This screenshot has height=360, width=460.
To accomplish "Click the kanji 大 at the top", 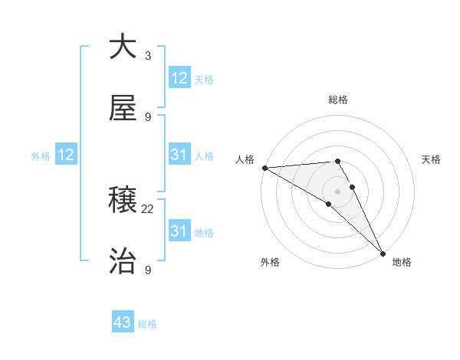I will point(123,47).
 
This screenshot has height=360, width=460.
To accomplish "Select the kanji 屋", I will point(123,109).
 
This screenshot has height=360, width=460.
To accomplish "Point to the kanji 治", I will point(123,262).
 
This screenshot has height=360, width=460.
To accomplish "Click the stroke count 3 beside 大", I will point(148,56).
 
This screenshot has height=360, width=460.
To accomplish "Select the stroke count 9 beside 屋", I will point(148,117).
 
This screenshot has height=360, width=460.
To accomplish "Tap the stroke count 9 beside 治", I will point(148,270).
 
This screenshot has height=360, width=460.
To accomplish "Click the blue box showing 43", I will point(123,323).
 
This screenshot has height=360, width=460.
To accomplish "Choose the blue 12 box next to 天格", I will point(179,78).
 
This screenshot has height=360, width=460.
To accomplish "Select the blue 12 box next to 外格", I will point(66,155).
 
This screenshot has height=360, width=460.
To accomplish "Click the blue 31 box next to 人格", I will point(179,155).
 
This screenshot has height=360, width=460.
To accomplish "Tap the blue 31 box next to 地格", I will point(179,231).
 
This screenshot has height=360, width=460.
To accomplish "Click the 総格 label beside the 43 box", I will point(147,324).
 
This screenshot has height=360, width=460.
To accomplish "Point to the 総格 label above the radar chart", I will point(338,100).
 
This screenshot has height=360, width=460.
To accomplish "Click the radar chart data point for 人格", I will point(264,168).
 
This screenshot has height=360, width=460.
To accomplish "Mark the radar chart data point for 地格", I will point(382,251).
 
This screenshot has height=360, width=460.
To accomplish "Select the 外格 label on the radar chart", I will point(270,263).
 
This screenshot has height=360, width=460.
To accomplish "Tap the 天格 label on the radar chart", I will point(432,159).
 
